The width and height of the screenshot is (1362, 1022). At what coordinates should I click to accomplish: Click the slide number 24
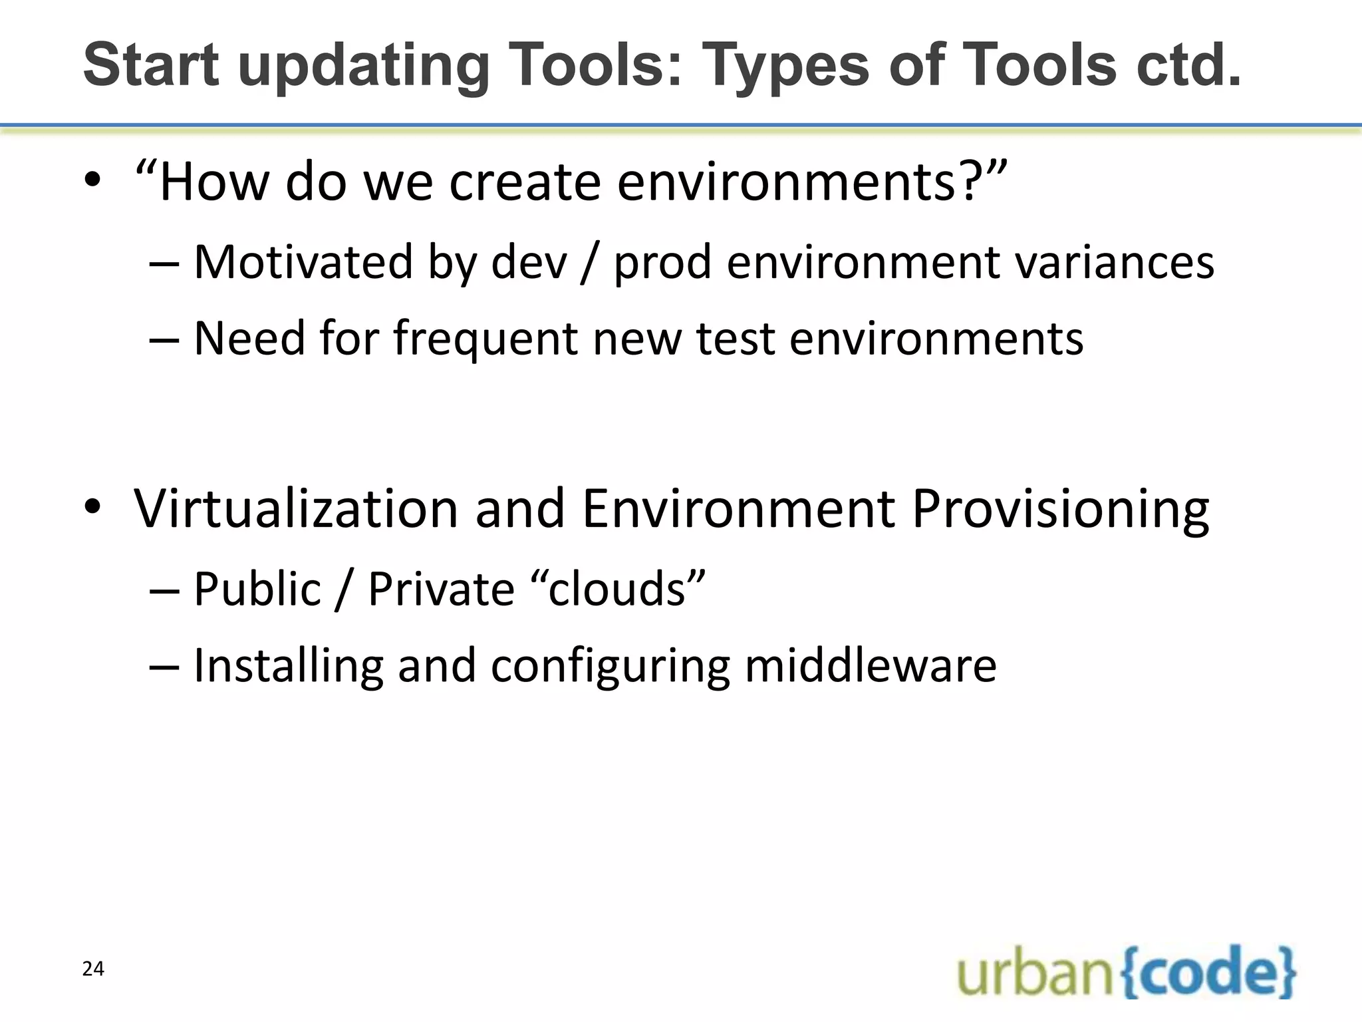tap(93, 969)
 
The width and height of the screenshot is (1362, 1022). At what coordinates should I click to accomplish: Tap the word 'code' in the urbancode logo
tap(1209, 972)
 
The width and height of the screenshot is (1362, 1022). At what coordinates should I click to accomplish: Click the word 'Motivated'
tap(303, 262)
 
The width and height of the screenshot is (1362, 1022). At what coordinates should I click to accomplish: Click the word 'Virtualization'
tap(296, 509)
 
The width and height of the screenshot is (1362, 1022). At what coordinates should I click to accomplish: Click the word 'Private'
tap(441, 589)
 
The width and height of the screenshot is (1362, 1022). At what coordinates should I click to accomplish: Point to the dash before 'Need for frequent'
tap(164, 339)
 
